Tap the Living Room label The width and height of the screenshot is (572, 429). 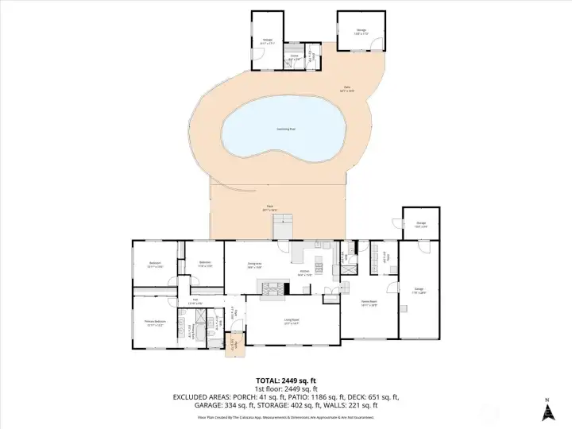coord(292,322)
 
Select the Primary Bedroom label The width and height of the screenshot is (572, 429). coord(155,323)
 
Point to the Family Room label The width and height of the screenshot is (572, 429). coord(369,303)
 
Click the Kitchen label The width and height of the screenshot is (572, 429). coord(303,272)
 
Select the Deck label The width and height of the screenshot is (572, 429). coord(270,208)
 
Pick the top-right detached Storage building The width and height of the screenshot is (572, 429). coord(361,32)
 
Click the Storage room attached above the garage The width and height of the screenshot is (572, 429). coord(421,225)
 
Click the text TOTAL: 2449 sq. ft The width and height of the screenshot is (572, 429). coord(285,380)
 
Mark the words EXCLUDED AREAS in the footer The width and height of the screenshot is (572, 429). coord(202,396)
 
